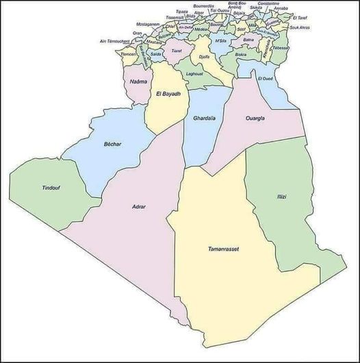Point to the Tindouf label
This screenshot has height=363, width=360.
pyautogui.click(x=51, y=187)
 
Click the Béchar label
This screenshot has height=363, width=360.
pyautogui.click(x=112, y=145)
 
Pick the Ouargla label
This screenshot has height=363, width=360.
pyautogui.click(x=255, y=118)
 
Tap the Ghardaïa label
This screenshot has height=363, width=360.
pyautogui.click(x=204, y=118)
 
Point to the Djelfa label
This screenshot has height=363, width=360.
pyautogui.click(x=204, y=57)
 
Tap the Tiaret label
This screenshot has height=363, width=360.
pyautogui.click(x=177, y=51)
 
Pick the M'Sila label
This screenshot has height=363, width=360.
pyautogui.click(x=220, y=42)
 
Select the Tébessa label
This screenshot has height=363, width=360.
pyautogui.click(x=281, y=49)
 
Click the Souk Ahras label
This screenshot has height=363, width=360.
pyautogui.click(x=299, y=27)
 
